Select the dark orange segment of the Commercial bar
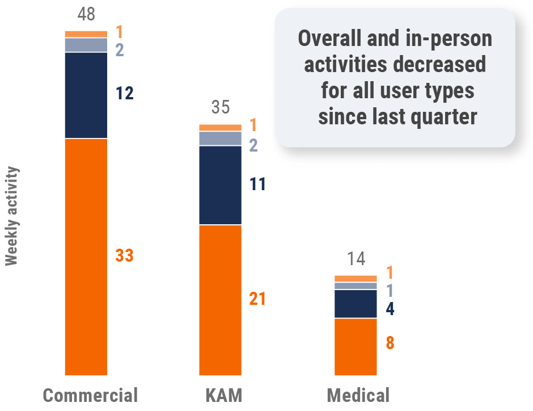coord(86,257)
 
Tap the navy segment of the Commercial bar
coord(86,95)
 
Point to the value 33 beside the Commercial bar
coord(124,256)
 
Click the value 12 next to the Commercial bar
coord(124,94)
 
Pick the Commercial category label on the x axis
coord(90,396)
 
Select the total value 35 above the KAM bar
coord(221,107)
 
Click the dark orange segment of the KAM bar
coord(220,300)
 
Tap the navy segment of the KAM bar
coord(220,185)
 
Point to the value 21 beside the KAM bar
coord(257,299)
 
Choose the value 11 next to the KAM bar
coord(257,184)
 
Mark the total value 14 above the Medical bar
coord(356,259)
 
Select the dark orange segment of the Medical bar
coord(356,346)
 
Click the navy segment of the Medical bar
coord(356,304)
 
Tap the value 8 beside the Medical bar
coord(390,343)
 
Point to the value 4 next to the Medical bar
coord(390,309)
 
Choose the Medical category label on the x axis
coord(358,396)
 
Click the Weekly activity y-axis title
coord(12,216)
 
